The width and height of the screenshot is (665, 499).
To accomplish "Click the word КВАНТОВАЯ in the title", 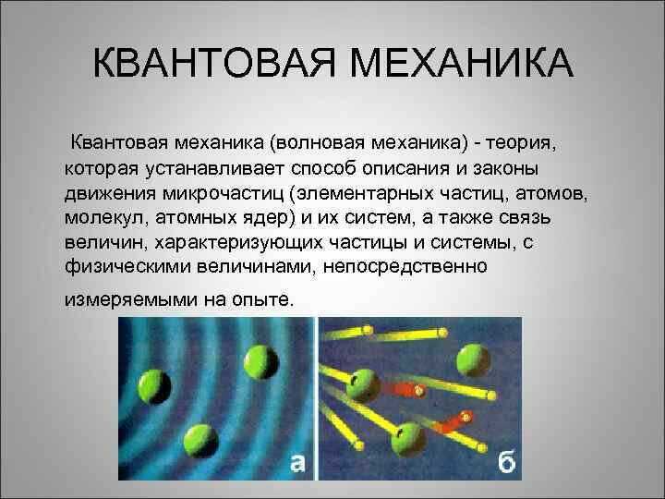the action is [x=214, y=63].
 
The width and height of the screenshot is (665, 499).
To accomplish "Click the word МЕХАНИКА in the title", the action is [x=462, y=63].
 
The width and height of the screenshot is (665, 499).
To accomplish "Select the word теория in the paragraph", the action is [x=520, y=143].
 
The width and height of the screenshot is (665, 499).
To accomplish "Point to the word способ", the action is [x=326, y=168].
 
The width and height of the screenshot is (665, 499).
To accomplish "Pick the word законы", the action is [x=505, y=168].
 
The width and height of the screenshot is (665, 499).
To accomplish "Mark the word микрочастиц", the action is [x=224, y=193].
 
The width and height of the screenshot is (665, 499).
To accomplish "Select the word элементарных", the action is [x=365, y=193].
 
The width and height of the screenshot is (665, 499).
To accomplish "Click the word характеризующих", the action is [x=238, y=243].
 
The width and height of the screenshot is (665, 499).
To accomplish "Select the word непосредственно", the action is [x=405, y=267].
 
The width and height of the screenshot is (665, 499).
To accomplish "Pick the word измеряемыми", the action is [x=130, y=299].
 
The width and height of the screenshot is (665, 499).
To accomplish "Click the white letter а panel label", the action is [x=297, y=463].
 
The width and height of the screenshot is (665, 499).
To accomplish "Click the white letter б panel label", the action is [x=506, y=461].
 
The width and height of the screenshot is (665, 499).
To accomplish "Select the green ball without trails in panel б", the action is [x=473, y=359].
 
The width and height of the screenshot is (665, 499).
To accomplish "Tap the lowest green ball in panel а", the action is [x=200, y=441].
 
